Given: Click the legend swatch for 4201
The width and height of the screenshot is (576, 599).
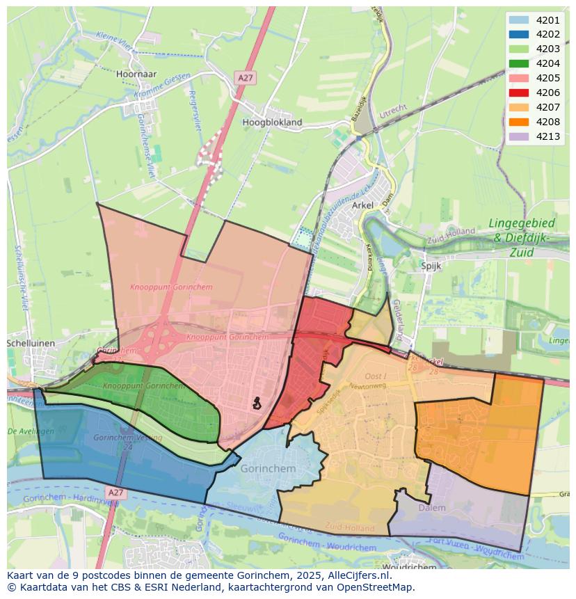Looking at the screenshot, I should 518,20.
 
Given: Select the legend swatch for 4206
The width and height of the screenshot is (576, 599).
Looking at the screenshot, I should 518,93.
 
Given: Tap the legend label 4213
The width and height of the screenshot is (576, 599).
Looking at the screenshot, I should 548,136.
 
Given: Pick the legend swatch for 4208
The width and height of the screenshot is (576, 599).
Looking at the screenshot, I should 518,122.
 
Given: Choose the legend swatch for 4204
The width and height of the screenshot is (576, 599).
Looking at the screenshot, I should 518,63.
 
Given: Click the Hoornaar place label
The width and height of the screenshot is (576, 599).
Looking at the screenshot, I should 137,74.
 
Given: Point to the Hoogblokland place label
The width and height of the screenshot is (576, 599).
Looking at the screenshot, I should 272,122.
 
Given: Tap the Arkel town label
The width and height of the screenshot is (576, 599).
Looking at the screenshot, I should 363,205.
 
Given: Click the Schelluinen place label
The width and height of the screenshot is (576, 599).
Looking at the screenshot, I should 30,344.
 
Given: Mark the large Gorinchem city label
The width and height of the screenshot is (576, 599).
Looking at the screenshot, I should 268,469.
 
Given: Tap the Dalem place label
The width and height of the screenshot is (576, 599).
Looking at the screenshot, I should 432,508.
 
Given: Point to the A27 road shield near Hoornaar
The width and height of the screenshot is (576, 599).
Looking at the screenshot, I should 245,78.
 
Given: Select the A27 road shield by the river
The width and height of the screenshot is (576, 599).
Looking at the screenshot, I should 115,493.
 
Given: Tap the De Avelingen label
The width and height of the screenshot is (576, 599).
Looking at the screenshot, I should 31,431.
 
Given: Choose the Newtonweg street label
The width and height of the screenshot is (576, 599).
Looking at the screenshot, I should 368,385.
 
